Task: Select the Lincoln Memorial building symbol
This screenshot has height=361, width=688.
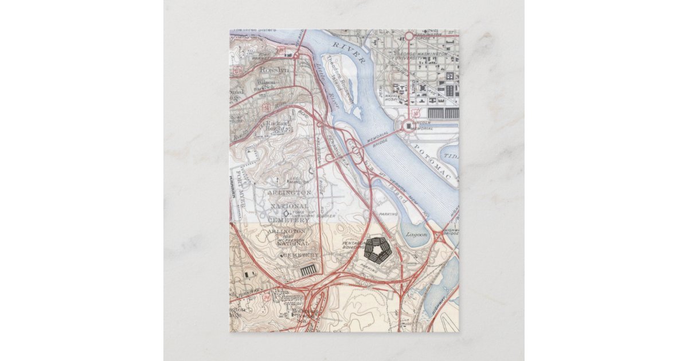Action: coord(408,125)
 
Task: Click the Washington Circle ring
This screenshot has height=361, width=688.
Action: coord(409,36)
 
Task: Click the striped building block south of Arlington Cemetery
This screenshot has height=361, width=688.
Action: coord(308,269)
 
